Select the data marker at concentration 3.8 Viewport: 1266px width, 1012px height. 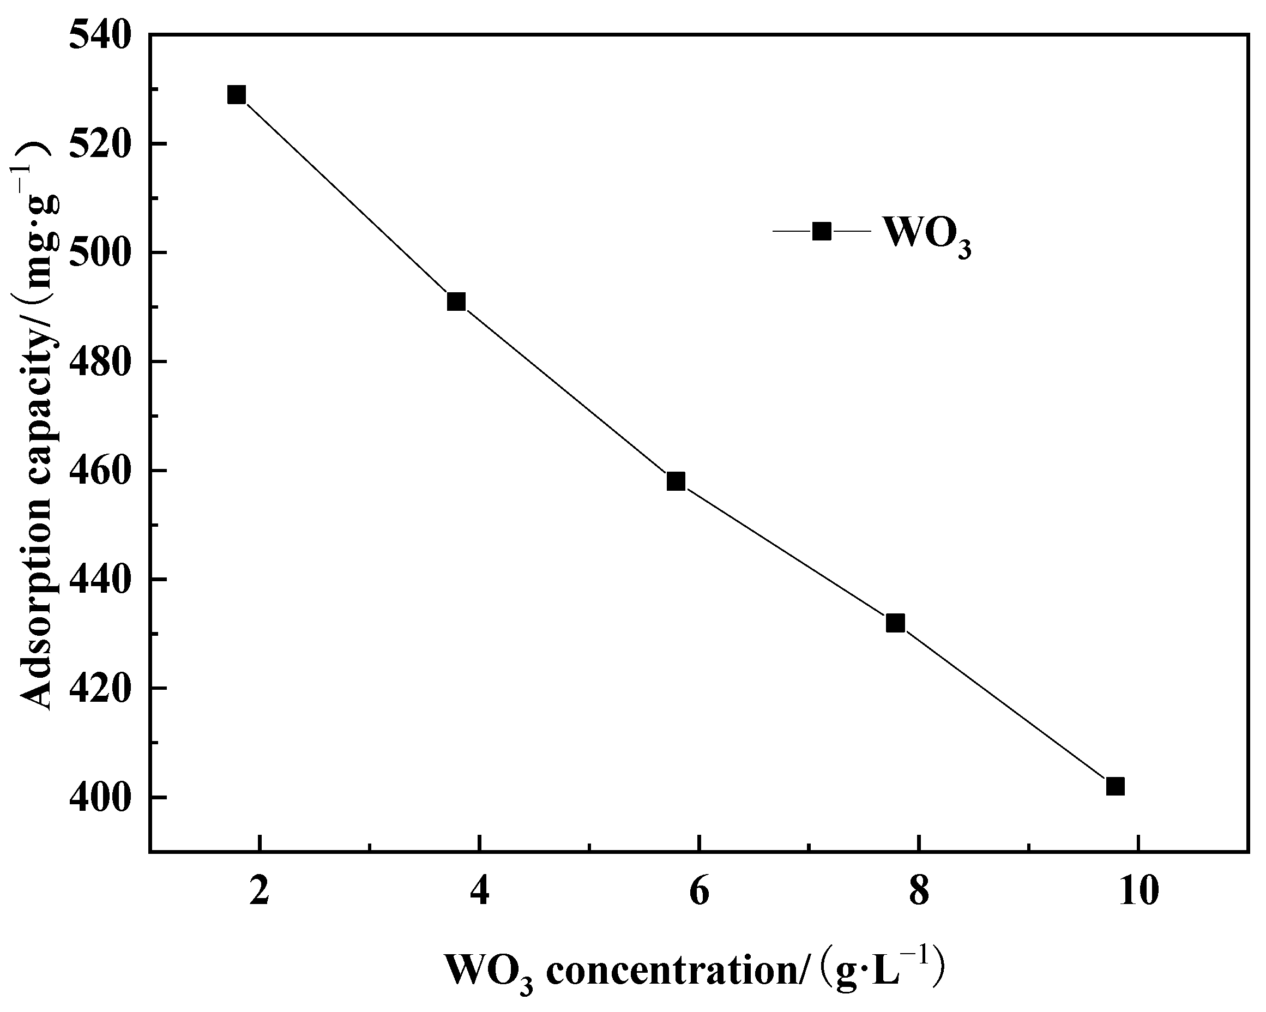[456, 302]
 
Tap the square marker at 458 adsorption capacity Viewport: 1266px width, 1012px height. [676, 481]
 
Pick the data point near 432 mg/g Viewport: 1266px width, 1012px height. [895, 623]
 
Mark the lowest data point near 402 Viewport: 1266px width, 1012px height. [1115, 786]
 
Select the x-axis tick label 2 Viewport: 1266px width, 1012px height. [259, 891]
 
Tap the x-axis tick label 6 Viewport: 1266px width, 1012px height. [699, 891]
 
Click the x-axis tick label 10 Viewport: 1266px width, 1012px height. [1138, 891]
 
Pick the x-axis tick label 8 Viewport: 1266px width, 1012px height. [918, 891]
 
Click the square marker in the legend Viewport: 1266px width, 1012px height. [822, 231]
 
